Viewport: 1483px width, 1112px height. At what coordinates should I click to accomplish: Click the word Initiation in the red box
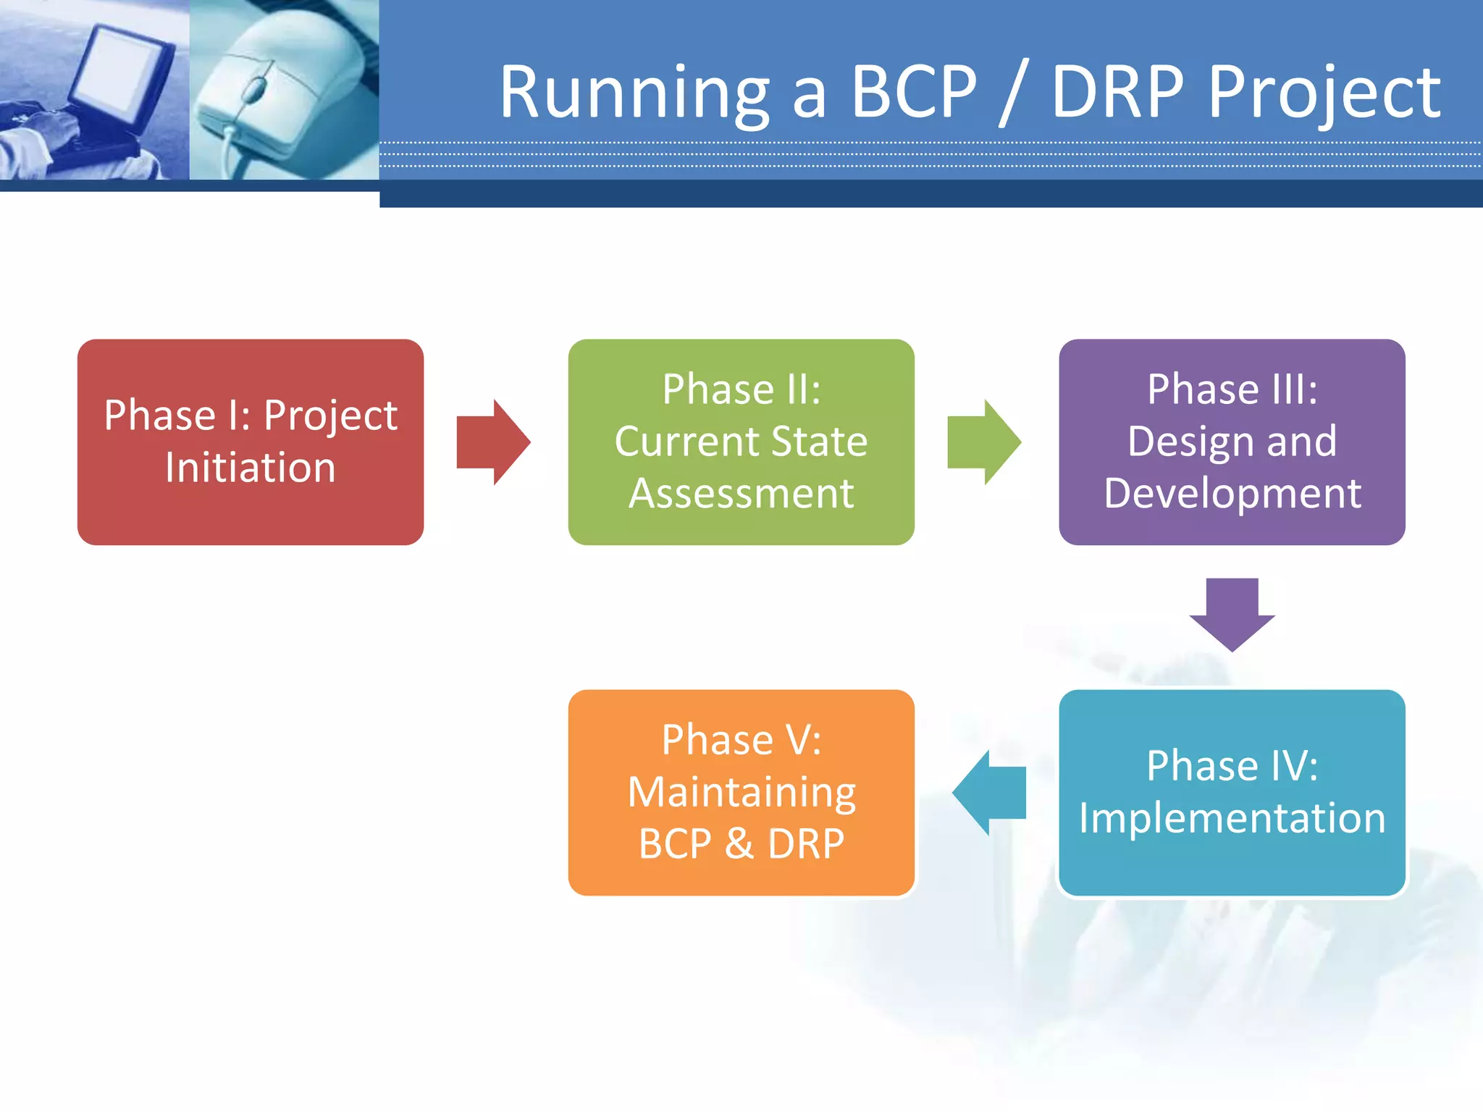click(x=251, y=468)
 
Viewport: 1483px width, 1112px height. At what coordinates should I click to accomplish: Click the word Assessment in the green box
click(x=741, y=494)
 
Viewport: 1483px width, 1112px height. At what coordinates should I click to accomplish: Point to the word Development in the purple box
click(x=1232, y=494)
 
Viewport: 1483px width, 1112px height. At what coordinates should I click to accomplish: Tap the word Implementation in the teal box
click(x=1232, y=818)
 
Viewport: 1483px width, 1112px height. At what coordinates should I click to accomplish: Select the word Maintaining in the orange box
click(x=741, y=793)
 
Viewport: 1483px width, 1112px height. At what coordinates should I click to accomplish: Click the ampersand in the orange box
click(x=739, y=844)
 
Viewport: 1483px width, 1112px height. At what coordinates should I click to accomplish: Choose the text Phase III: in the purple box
click(x=1232, y=389)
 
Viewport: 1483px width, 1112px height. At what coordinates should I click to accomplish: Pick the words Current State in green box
click(x=741, y=442)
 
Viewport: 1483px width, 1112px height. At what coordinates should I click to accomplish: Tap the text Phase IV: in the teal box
click(x=1232, y=766)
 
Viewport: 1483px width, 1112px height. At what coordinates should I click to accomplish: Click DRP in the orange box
click(x=805, y=844)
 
